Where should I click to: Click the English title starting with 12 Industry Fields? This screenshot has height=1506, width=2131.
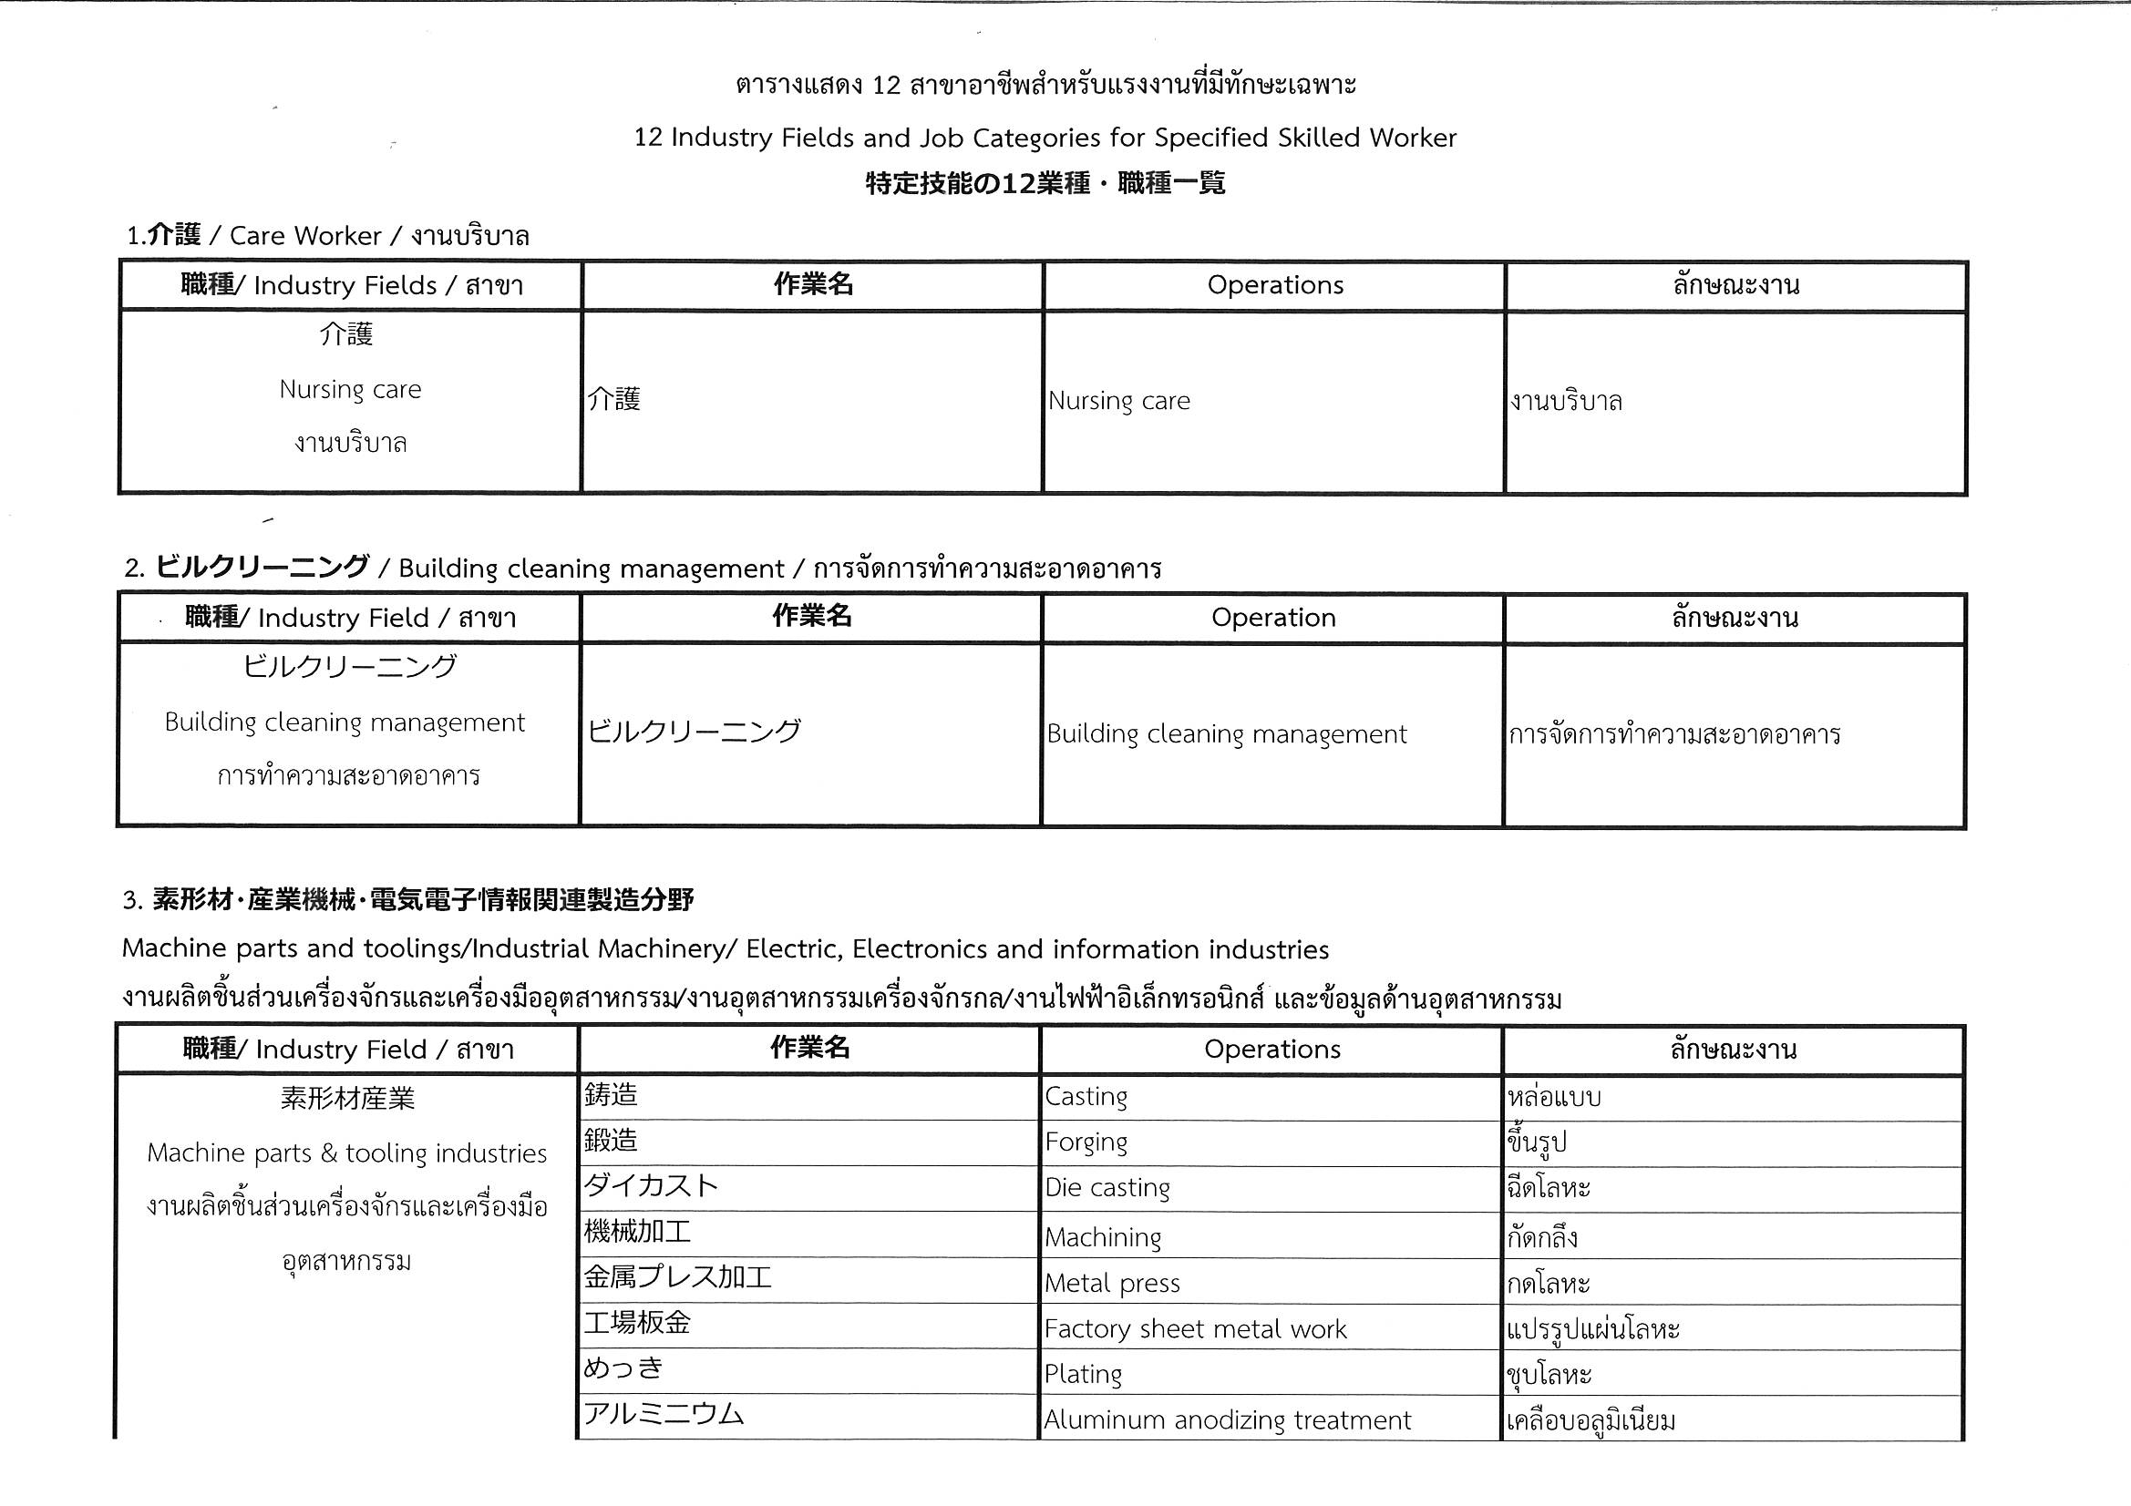coord(1045,138)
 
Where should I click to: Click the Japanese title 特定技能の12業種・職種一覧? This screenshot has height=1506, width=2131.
coord(1045,183)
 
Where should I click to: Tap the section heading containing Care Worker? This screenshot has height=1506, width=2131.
coord(327,236)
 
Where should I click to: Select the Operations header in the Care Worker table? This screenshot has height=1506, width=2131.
coord(1274,285)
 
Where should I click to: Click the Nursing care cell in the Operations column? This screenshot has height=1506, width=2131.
coord(1118,401)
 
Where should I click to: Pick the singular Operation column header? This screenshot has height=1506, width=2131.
coord(1273,618)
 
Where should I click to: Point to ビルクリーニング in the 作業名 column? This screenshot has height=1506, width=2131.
coord(695,732)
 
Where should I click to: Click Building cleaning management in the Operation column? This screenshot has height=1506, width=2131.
coord(1226,734)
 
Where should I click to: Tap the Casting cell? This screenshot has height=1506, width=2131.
coord(1086,1097)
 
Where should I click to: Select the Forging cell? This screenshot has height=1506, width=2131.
coord(1086,1142)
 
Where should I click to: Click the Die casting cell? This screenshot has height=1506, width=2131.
coord(1107,1188)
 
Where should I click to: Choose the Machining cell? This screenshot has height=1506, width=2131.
coord(1103,1237)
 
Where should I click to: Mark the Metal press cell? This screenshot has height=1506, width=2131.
coord(1112,1284)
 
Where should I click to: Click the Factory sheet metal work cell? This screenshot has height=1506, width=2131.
coord(1195,1328)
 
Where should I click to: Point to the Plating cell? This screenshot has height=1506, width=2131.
coord(1083,1373)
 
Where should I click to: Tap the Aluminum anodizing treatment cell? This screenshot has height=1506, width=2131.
coord(1227,1419)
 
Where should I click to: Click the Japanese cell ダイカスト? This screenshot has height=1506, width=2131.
coord(651,1186)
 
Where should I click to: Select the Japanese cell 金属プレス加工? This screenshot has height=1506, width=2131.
coord(677,1277)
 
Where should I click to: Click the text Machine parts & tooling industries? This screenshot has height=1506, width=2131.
coord(347,1153)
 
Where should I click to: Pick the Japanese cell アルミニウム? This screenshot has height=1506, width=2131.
coord(664,1414)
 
